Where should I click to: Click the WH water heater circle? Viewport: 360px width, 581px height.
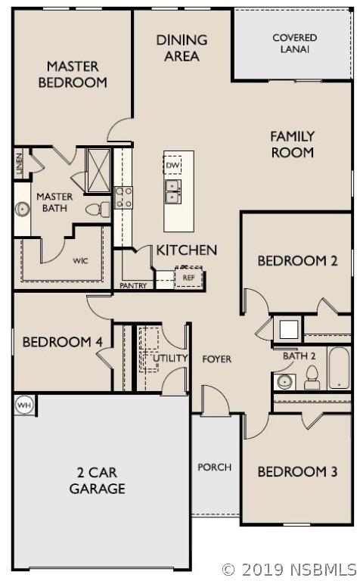click(24, 405)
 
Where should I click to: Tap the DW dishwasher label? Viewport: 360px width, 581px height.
click(172, 165)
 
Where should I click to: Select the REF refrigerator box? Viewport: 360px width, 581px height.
click(188, 277)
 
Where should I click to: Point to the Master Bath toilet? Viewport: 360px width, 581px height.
click(98, 210)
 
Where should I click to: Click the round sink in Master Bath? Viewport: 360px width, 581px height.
click(23, 210)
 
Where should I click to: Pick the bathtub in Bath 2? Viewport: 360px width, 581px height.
click(339, 368)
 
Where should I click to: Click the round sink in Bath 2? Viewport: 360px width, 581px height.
click(284, 381)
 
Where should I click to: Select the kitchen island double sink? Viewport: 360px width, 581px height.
click(173, 191)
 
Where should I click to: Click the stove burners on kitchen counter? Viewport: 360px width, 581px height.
click(123, 197)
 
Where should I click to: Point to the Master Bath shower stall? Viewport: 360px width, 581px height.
click(98, 170)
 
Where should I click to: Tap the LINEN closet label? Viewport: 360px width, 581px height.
click(19, 163)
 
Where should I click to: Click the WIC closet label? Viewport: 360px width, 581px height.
click(80, 260)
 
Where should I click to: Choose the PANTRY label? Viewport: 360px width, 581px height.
click(133, 286)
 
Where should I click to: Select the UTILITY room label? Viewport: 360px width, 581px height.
click(170, 358)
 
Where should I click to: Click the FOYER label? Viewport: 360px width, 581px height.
click(216, 359)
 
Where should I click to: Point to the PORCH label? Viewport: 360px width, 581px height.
click(215, 467)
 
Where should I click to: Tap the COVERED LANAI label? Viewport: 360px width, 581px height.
click(294, 43)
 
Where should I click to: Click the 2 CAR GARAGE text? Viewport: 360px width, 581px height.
click(97, 480)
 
